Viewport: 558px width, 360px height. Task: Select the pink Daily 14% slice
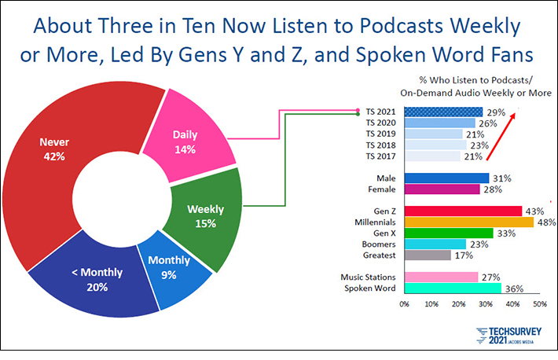tap(185, 142)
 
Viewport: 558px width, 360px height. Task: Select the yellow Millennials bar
tap(468, 222)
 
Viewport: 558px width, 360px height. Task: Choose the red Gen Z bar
tap(462, 211)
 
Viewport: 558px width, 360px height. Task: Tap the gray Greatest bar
tap(428, 255)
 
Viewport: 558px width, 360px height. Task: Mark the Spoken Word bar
tap(453, 288)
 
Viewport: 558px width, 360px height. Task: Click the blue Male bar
tap(446, 178)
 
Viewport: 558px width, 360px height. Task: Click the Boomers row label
tap(377, 244)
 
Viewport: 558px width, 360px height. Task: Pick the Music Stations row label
tap(368, 277)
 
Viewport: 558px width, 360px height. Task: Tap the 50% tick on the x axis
tap(539, 303)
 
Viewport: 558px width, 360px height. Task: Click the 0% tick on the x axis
tap(405, 303)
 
